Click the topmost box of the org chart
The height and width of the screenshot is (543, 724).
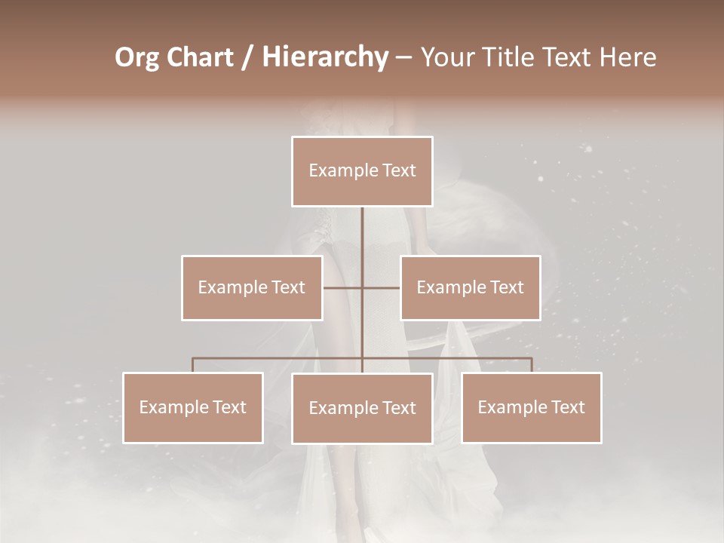pyautogui.click(x=362, y=171)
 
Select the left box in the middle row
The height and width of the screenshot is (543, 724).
pyautogui.click(x=252, y=287)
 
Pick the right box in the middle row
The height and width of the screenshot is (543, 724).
pyautogui.click(x=470, y=287)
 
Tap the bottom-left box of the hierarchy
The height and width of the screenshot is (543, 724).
pyautogui.click(x=193, y=408)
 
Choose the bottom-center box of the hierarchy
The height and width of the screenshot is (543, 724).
pyautogui.click(x=362, y=408)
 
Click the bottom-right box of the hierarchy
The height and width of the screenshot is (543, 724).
pyautogui.click(x=531, y=408)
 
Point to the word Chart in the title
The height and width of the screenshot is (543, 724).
pyautogui.click(x=200, y=57)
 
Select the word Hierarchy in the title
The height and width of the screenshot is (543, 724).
pyautogui.click(x=324, y=57)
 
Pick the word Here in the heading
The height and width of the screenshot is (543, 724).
pyautogui.click(x=627, y=57)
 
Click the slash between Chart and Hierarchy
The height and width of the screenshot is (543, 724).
pyautogui.click(x=248, y=57)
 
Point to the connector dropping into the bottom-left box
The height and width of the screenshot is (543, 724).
pyautogui.click(x=193, y=365)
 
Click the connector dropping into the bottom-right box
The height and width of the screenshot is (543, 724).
pyautogui.click(x=531, y=365)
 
